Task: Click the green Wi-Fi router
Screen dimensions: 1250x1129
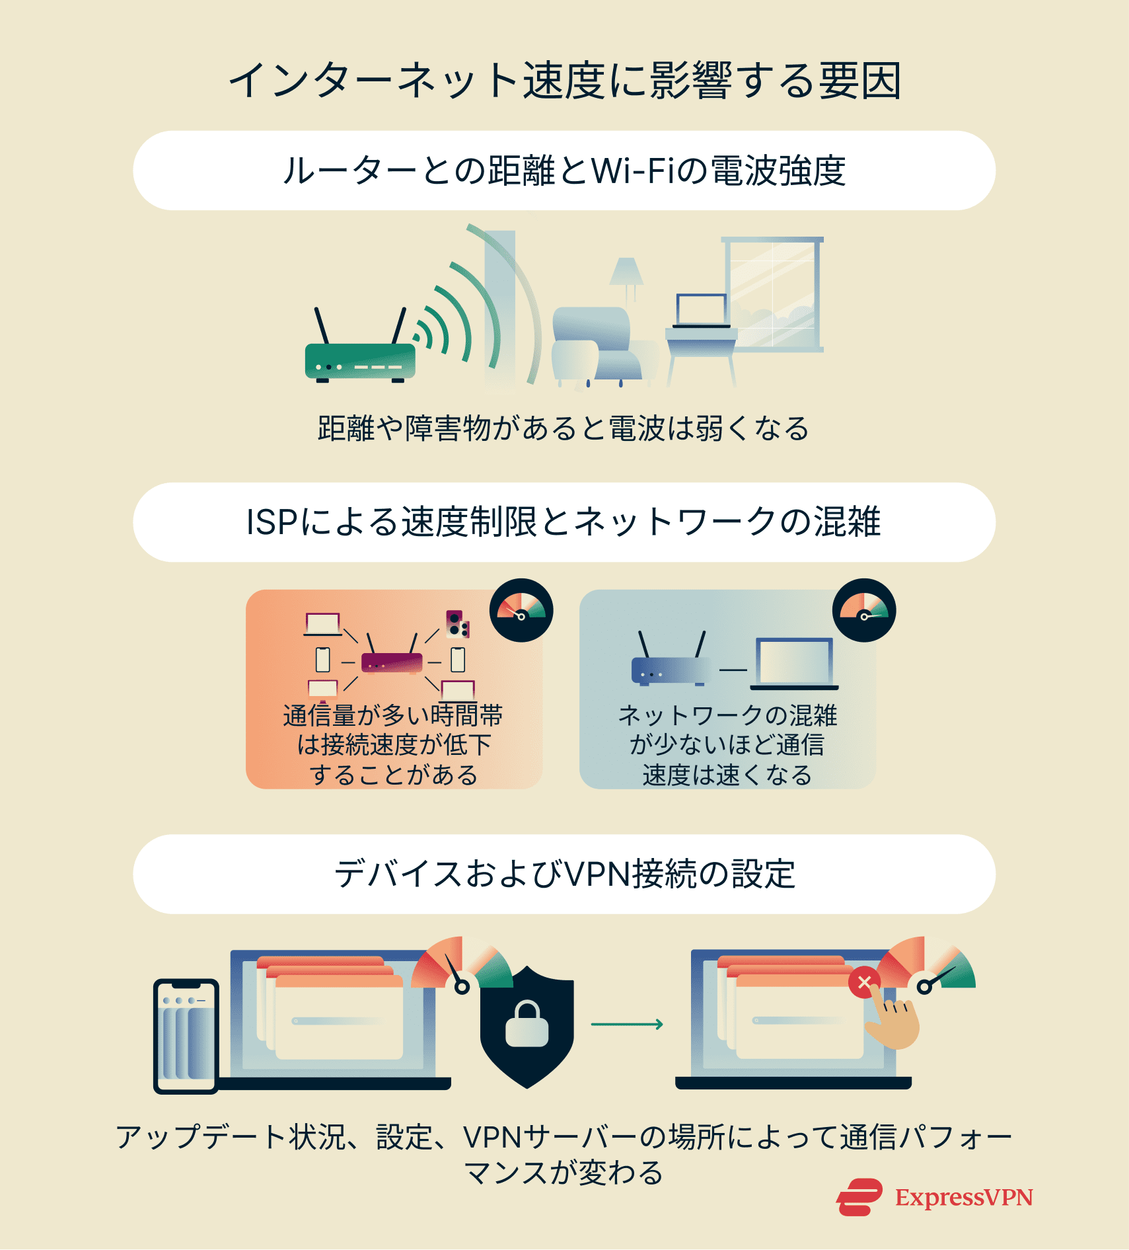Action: coord(360,361)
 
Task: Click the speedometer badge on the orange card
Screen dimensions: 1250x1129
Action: coord(521,610)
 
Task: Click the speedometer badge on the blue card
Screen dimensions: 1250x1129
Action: coord(864,610)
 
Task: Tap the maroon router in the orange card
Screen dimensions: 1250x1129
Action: coord(392,660)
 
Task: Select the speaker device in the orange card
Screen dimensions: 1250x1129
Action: coord(456,624)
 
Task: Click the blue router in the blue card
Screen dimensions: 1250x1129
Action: coord(669,669)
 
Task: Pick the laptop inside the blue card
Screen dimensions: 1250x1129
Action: coord(795,663)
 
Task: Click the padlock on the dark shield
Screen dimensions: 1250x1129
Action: coord(527,1025)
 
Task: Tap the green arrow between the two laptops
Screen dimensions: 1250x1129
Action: coord(627,1024)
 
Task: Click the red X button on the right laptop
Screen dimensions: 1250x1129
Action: coord(864,983)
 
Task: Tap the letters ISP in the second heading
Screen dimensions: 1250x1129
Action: coord(272,523)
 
